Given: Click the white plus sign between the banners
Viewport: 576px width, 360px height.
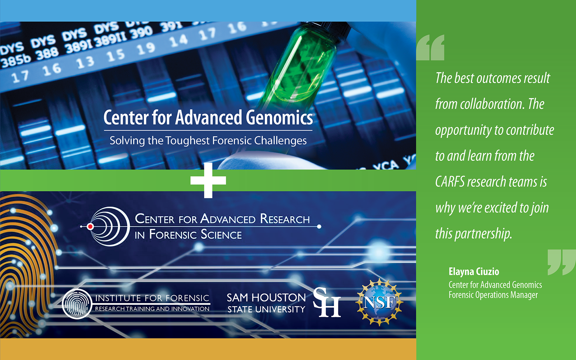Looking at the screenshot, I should pyautogui.click(x=208, y=180).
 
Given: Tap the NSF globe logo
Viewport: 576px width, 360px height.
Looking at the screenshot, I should pyautogui.click(x=380, y=302).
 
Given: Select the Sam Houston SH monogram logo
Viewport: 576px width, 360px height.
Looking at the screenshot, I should pyautogui.click(x=327, y=302).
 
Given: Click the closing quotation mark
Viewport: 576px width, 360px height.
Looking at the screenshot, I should pyautogui.click(x=561, y=262).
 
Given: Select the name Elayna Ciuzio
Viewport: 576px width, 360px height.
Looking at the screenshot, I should pyautogui.click(x=474, y=272).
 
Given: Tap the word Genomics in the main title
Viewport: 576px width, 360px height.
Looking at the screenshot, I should pyautogui.click(x=279, y=117).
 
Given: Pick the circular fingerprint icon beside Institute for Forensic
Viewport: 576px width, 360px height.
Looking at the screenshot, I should pyautogui.click(x=77, y=304).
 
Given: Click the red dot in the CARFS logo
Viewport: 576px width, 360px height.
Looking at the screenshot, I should pyautogui.click(x=90, y=227).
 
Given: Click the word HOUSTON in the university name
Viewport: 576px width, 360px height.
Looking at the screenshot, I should pyautogui.click(x=278, y=297).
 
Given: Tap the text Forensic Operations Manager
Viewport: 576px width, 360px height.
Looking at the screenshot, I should pyautogui.click(x=493, y=295).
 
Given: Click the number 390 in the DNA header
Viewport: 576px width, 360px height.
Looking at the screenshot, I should pyautogui.click(x=141, y=34).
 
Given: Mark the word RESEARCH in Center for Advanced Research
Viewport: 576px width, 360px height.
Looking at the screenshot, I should pyautogui.click(x=285, y=219).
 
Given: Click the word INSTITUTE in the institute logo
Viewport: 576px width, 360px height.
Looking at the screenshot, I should pyautogui.click(x=118, y=298).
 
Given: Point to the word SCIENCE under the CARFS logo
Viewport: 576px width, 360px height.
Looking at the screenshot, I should pyautogui.click(x=221, y=235).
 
